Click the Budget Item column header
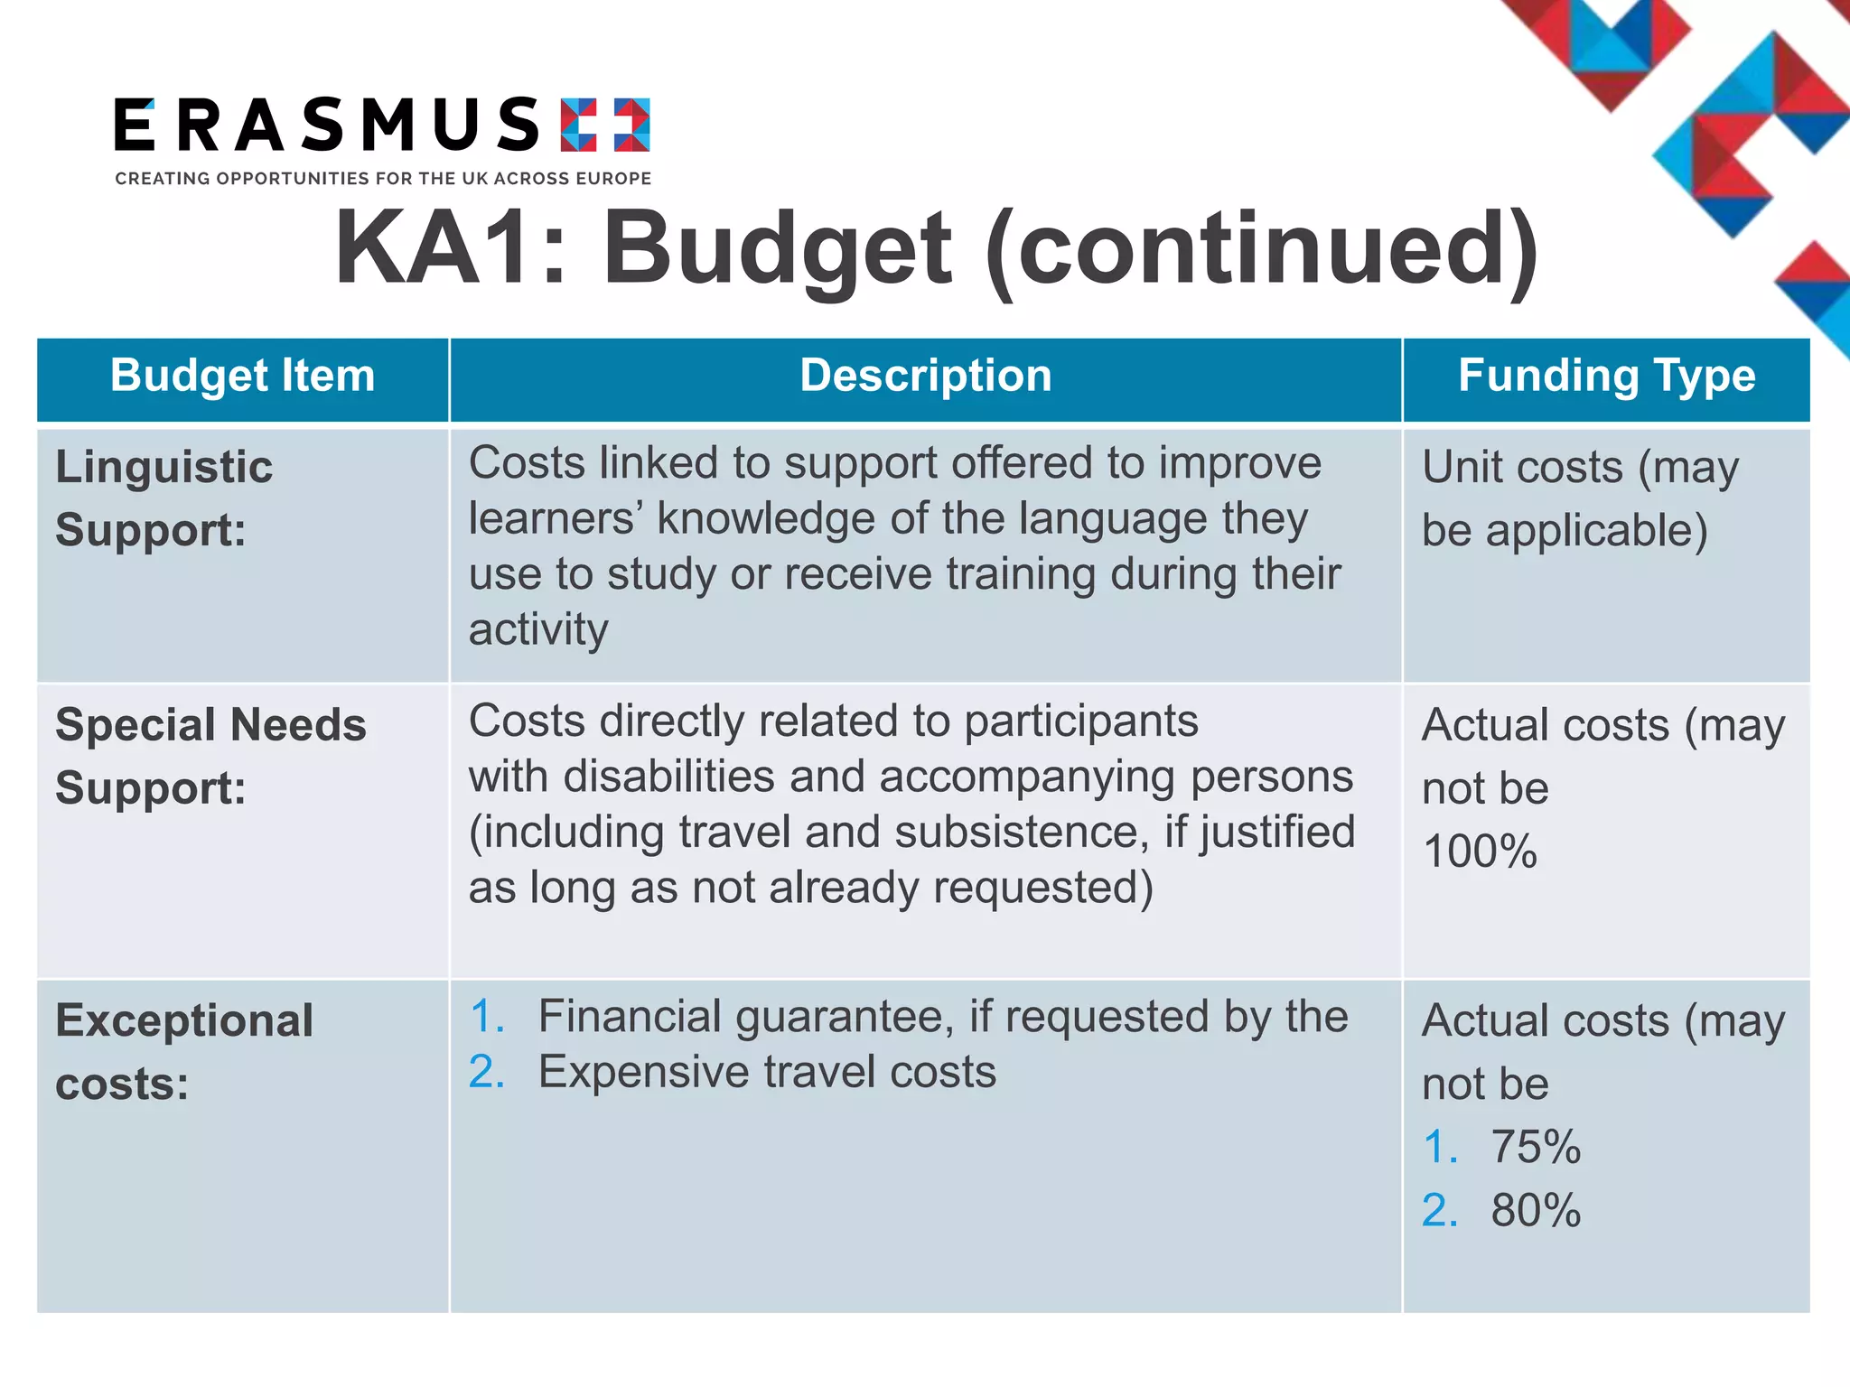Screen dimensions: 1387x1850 242,376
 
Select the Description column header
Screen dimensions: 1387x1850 925,376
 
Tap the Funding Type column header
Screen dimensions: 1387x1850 1606,376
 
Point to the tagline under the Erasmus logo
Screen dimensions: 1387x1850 383,179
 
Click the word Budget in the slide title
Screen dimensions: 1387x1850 777,248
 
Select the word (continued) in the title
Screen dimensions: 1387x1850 1261,248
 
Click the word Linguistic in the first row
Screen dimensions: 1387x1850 164,468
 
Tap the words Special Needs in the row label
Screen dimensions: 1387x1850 210,725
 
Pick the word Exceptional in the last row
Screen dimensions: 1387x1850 184,1021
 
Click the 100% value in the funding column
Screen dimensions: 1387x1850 1479,852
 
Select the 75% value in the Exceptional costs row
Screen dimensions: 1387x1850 1535,1147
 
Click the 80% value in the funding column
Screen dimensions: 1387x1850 1535,1210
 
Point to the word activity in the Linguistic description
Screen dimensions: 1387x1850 538,629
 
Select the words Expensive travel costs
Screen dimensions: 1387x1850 767,1073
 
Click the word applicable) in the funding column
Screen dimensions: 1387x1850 1596,530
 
